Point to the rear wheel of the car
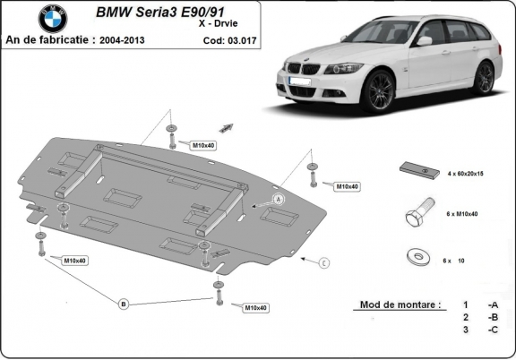pyautogui.click(x=484, y=77)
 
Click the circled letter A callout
pyautogui.click(x=278, y=198)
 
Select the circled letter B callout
pyautogui.click(x=124, y=304)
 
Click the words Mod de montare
pyautogui.click(x=400, y=304)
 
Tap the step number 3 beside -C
pyautogui.click(x=464, y=330)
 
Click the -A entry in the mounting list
pyautogui.click(x=492, y=304)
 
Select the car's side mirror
pyautogui.click(x=424, y=41)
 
